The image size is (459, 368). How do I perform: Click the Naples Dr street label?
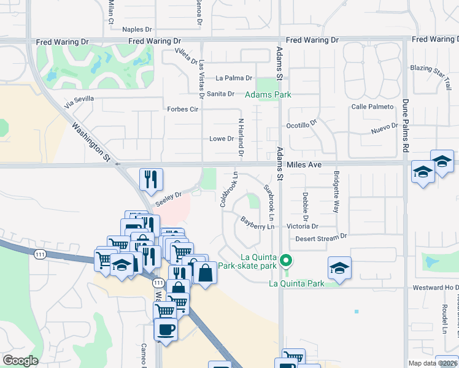tap(137, 29)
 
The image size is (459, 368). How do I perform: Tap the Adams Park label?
tap(268, 95)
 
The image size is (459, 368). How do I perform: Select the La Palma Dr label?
tap(234, 79)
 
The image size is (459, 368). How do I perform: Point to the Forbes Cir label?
tap(183, 110)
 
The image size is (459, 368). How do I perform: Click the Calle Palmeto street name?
tap(372, 107)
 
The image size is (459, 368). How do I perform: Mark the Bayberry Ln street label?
tap(256, 223)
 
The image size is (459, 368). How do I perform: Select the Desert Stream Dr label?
tap(321, 239)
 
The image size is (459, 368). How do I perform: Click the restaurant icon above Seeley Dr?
tap(151, 178)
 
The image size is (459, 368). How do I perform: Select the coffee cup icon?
tap(166, 329)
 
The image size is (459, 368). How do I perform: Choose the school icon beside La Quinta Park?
tap(339, 267)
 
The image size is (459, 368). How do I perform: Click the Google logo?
tap(20, 361)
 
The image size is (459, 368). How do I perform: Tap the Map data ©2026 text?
tap(433, 363)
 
